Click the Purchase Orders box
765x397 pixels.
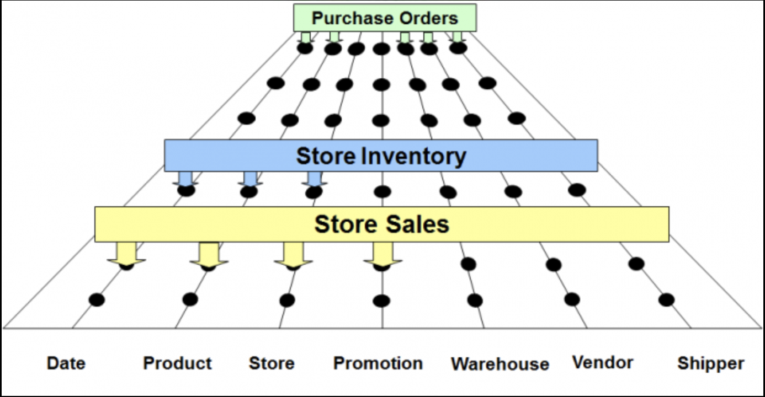click(385, 18)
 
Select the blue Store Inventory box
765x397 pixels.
click(381, 155)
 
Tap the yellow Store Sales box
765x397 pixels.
click(381, 224)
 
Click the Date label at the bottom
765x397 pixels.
click(66, 363)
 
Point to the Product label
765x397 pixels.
click(177, 363)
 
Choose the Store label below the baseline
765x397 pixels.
click(272, 363)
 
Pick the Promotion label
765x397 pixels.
click(378, 363)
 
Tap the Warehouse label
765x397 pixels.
click(500, 364)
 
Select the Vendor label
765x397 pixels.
click(603, 363)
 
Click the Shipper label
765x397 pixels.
click(711, 364)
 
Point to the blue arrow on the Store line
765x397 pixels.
click(315, 179)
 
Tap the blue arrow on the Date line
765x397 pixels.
click(185, 179)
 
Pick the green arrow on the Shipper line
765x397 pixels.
click(457, 37)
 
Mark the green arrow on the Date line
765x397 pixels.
click(305, 37)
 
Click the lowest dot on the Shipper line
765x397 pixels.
click(666, 300)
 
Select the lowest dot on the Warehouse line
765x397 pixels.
click(475, 301)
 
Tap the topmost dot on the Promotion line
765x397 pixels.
click(381, 49)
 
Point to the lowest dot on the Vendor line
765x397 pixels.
click(572, 299)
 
